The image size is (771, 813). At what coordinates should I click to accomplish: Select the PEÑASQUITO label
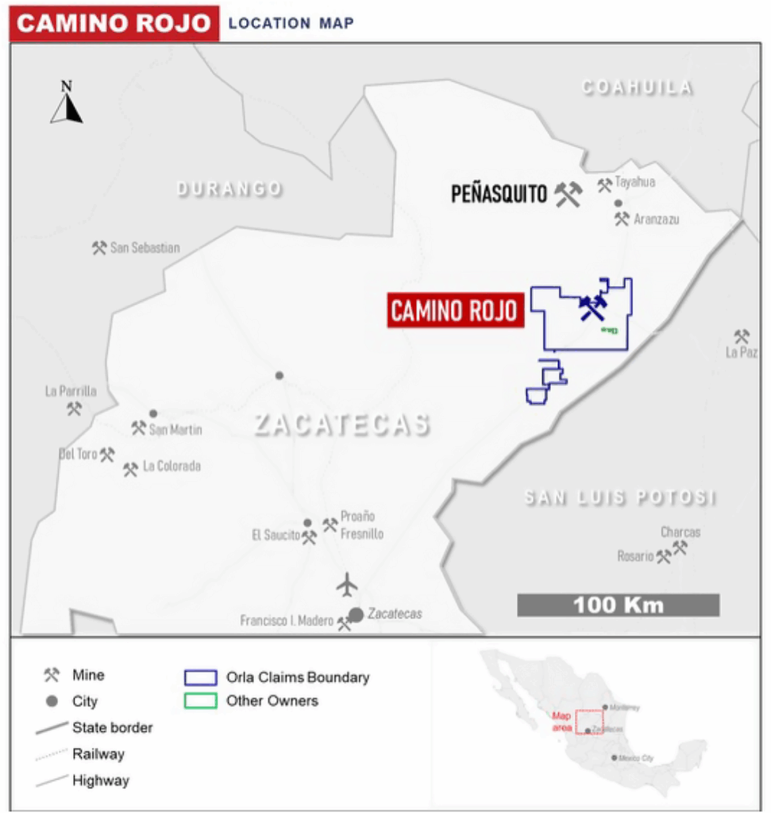click(499, 194)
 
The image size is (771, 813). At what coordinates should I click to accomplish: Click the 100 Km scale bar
click(619, 605)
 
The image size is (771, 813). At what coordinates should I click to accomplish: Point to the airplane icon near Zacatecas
click(347, 585)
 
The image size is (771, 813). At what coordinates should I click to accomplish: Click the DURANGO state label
click(229, 189)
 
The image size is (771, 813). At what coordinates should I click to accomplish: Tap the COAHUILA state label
click(637, 87)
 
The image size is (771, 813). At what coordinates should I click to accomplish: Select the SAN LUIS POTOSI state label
click(620, 498)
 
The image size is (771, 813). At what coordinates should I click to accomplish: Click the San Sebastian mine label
click(145, 248)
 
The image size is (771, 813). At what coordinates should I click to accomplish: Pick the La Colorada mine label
click(172, 466)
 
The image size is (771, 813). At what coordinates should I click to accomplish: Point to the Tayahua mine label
click(634, 183)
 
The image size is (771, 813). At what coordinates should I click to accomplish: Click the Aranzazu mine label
click(657, 218)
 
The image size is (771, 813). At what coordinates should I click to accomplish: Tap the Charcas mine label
click(680, 532)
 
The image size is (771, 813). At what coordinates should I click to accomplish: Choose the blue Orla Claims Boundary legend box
click(200, 678)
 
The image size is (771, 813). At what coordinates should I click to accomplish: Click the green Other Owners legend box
click(200, 701)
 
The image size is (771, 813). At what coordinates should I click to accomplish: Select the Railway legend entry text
click(98, 753)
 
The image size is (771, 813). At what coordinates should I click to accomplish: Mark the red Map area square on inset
click(589, 721)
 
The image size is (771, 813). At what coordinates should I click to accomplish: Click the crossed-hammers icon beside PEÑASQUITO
click(568, 194)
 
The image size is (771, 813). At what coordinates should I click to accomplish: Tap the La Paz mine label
click(742, 352)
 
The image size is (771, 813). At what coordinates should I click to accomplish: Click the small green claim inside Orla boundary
click(609, 329)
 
